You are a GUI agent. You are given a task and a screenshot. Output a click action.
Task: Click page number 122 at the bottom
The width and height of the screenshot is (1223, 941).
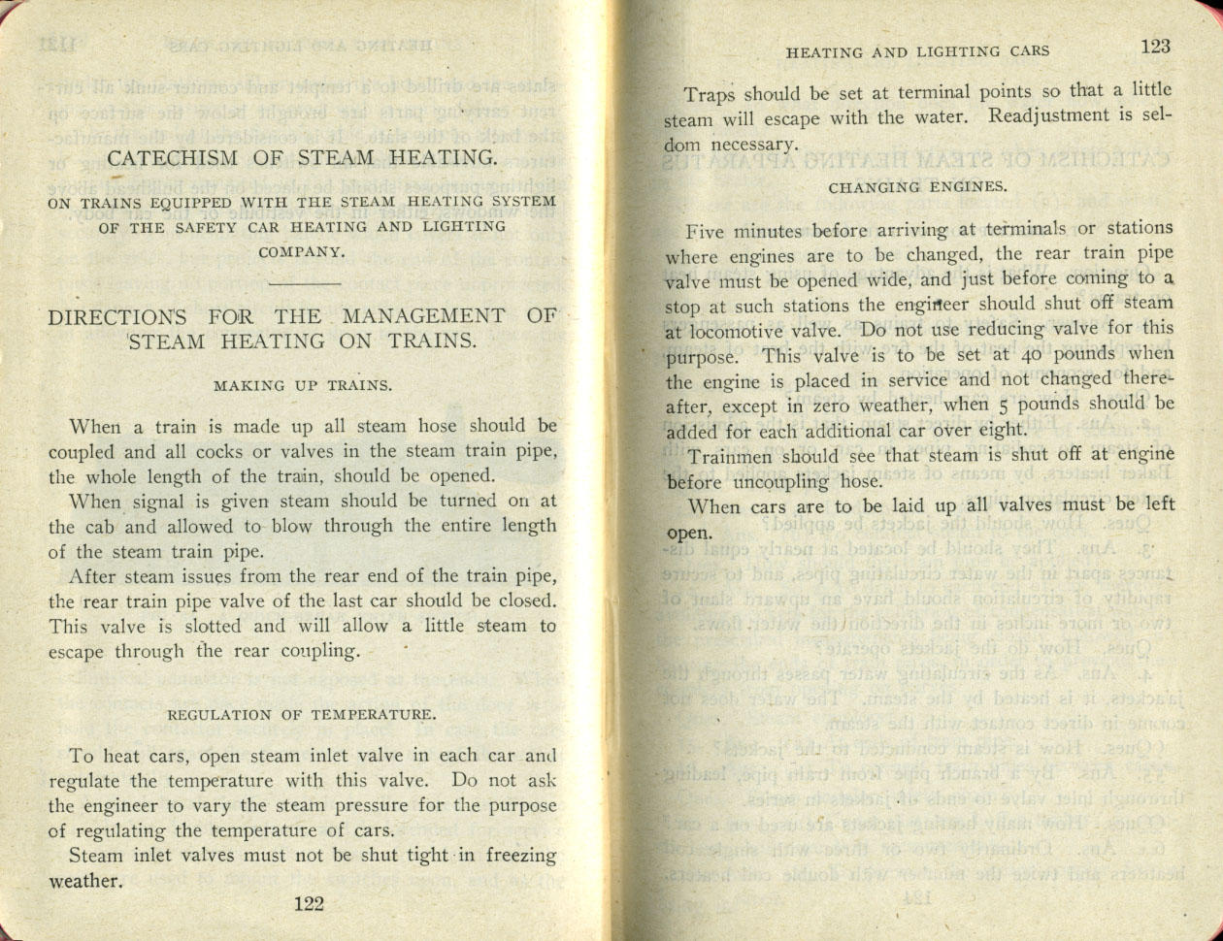pos(308,903)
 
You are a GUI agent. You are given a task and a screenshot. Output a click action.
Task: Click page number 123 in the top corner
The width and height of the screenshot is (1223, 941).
pos(1155,47)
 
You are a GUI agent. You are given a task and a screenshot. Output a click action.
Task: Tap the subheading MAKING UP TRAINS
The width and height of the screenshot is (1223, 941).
pos(303,385)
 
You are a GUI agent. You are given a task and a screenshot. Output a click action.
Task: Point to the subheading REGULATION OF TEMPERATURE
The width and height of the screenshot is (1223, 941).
pos(302,715)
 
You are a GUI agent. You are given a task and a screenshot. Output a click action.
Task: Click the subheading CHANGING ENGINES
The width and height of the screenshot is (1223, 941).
pos(917,187)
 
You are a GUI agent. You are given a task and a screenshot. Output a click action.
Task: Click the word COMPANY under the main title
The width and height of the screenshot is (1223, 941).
pos(302,252)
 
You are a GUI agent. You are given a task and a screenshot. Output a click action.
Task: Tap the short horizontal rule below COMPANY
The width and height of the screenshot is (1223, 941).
pos(302,283)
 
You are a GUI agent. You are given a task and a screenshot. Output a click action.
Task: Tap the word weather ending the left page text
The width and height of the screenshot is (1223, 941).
pos(84,882)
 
